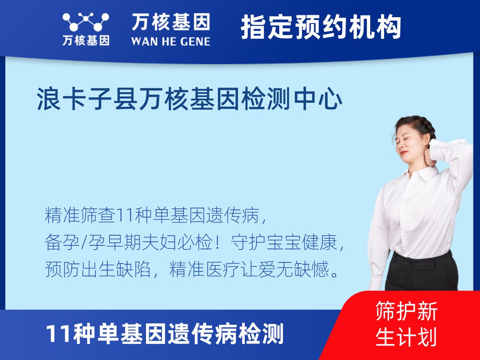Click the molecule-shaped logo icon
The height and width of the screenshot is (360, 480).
(x=86, y=22)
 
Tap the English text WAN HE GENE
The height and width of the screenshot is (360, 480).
(x=171, y=42)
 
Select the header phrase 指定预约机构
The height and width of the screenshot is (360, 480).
(x=321, y=27)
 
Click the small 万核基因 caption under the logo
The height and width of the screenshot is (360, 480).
(x=86, y=40)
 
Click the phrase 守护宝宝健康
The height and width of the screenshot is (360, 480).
(x=284, y=242)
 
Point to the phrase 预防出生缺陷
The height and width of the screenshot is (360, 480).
(x=98, y=269)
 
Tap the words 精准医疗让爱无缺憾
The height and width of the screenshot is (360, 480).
(x=249, y=269)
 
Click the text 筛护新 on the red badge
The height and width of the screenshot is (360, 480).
(x=406, y=311)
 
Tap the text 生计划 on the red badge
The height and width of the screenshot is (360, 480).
(x=406, y=337)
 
